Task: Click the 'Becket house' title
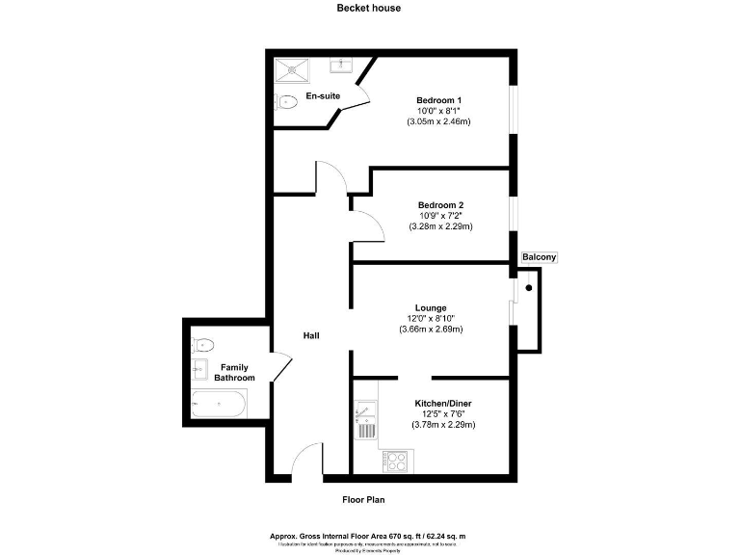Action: tap(369, 8)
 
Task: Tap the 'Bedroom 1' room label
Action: tap(438, 100)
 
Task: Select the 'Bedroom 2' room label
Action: tap(440, 205)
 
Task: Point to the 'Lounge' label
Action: tap(431, 308)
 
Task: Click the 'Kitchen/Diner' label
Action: tap(442, 403)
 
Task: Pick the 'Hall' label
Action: tap(311, 335)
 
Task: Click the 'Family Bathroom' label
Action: tap(235, 373)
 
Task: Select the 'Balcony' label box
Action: tap(538, 258)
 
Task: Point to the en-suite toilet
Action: tap(287, 102)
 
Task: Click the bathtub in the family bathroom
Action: tap(220, 405)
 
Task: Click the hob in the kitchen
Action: tap(394, 461)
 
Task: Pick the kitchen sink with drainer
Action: tap(365, 419)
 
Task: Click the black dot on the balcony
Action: tap(528, 287)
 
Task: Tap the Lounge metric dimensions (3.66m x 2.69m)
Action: tap(431, 330)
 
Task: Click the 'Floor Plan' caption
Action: tap(364, 499)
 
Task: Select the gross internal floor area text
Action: tap(370, 536)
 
